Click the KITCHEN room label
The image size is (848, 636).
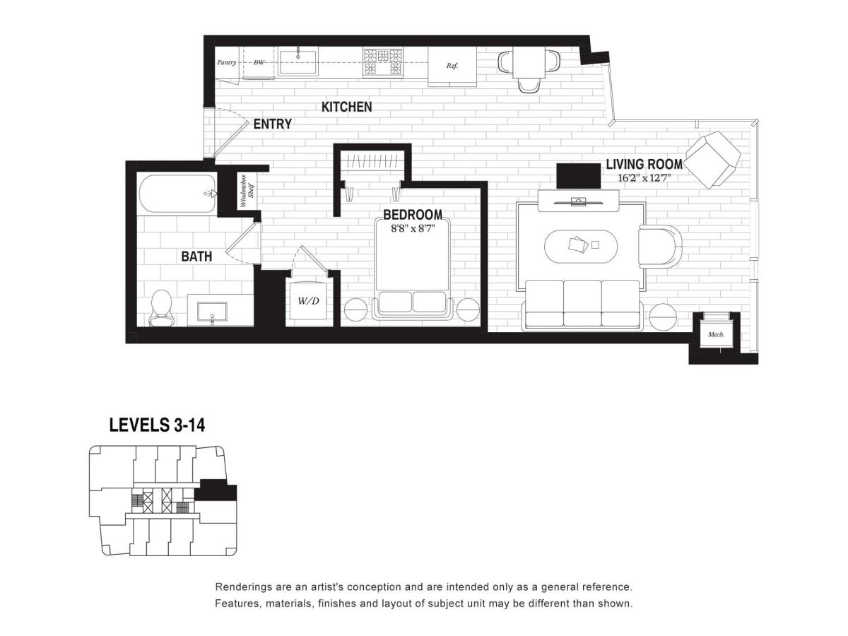pos(346,107)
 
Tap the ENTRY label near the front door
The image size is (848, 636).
pos(272,124)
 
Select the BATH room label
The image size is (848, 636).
pos(196,257)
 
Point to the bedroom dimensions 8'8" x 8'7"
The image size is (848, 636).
pos(413,228)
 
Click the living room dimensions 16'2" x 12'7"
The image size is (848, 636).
pos(644,178)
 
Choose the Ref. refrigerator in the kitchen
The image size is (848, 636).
pos(452,66)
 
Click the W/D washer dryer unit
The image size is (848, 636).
pos(309,300)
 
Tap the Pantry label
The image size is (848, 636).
pos(226,62)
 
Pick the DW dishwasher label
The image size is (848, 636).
pos(259,62)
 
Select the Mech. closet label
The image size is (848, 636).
pos(715,334)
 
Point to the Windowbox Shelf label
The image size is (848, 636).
pos(247,191)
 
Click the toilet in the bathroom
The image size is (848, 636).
pos(161,308)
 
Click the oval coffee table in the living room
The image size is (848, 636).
pos(581,247)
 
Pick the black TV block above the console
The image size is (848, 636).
pos(578,176)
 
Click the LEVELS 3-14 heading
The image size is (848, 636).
pos(158,425)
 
